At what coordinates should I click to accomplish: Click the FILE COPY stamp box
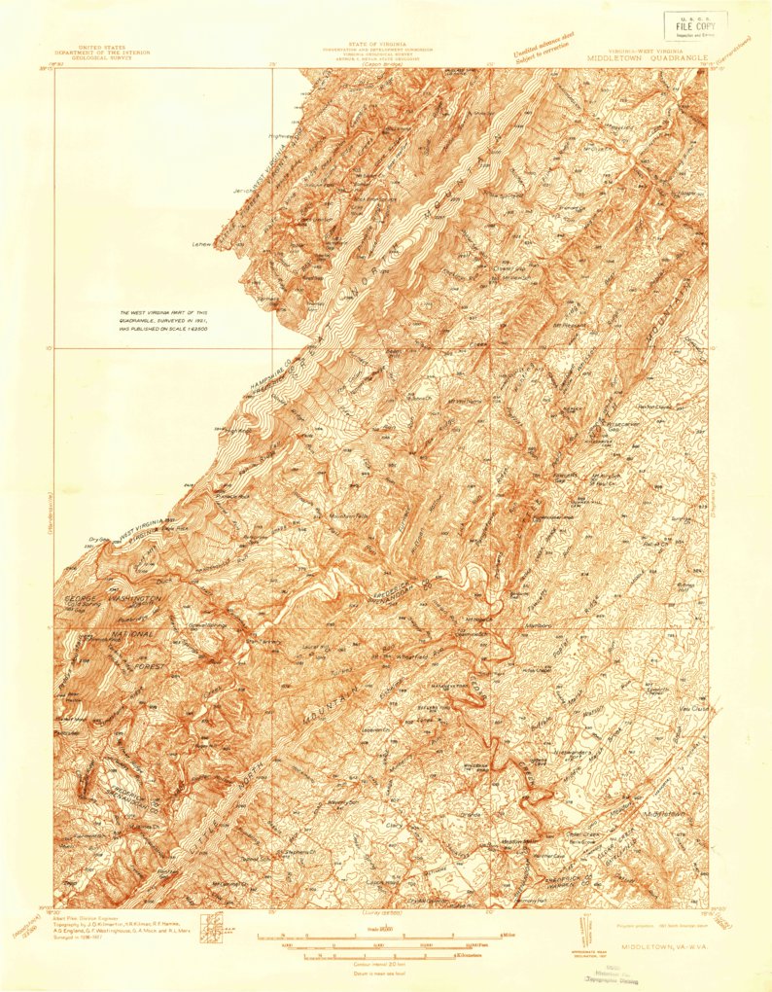point(694,24)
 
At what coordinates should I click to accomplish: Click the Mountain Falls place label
point(325,515)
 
